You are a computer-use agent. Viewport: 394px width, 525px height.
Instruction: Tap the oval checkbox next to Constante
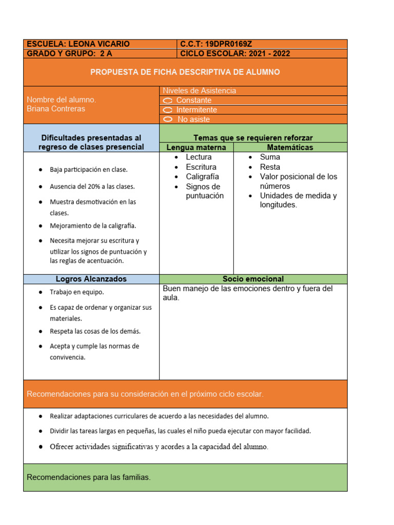coord(168,100)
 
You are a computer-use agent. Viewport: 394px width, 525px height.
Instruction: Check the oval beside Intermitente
coord(168,110)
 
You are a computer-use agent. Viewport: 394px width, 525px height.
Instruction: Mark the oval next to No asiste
coord(168,119)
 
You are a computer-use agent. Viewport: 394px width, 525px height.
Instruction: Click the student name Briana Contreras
coord(56,109)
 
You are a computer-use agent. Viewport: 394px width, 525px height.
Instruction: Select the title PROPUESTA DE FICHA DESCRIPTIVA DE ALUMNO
coord(185,72)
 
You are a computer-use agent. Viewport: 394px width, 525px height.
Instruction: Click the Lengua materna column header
coord(196,148)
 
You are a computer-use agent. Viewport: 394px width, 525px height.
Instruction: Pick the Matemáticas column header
coord(290,148)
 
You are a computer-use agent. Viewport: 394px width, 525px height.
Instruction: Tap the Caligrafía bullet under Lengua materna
coord(202,177)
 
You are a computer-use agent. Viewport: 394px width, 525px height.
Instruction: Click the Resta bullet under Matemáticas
coord(270,167)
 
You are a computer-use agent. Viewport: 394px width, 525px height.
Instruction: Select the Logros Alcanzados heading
coord(91,279)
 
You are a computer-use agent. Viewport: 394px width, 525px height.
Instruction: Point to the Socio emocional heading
coord(253,279)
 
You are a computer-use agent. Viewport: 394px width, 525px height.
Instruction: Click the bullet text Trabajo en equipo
coord(76,292)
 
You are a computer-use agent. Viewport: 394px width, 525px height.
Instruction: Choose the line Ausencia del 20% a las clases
coord(92,187)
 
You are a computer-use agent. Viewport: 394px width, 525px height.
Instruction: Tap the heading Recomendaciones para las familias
coord(89,477)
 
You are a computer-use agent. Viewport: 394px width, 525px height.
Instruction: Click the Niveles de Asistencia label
coord(199,91)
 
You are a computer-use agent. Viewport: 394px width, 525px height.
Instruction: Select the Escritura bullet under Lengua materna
coord(201,167)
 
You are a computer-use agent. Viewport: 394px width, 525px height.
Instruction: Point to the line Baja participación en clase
coord(89,170)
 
